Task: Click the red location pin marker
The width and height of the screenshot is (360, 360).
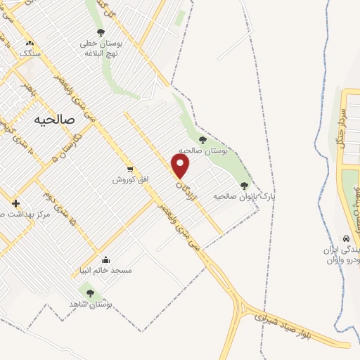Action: tap(181, 166)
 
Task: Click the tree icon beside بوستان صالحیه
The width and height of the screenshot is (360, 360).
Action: tap(203, 140)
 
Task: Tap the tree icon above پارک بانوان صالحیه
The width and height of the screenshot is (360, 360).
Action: tap(244, 186)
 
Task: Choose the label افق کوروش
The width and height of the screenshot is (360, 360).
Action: tap(131, 180)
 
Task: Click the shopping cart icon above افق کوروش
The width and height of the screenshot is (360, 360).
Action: tap(130, 169)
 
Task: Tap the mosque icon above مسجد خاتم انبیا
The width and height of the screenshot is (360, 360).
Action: tap(105, 259)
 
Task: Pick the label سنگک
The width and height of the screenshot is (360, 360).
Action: tap(30, 53)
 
